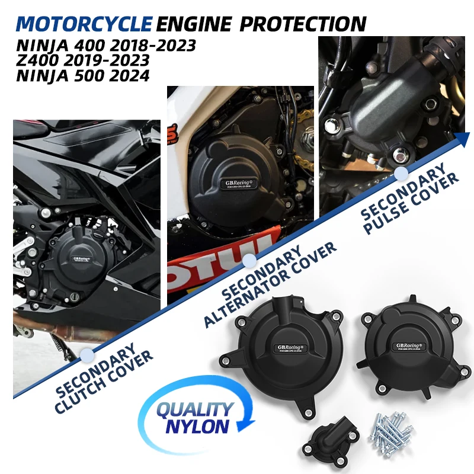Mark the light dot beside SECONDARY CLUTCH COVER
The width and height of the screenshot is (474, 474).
click(x=87, y=354)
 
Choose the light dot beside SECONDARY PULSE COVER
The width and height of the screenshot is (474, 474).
click(x=401, y=172)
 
